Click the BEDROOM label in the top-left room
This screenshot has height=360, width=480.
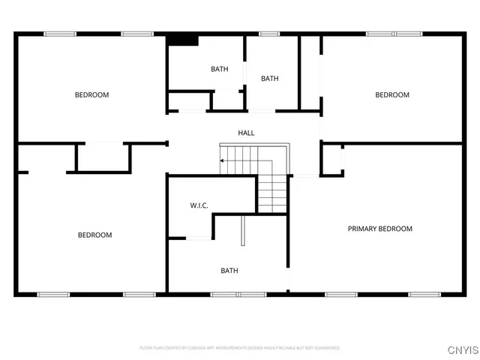click(x=91, y=94)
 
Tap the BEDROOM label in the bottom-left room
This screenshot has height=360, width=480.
click(x=95, y=235)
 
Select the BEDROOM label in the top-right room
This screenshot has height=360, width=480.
click(x=392, y=94)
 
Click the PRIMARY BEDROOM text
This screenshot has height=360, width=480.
click(x=379, y=229)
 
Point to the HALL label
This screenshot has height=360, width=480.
click(x=246, y=133)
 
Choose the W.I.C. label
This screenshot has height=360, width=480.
click(x=198, y=205)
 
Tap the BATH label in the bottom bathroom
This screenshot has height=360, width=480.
click(x=229, y=271)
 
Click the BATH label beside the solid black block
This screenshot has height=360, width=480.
click(x=219, y=69)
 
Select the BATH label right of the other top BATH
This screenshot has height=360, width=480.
click(x=269, y=79)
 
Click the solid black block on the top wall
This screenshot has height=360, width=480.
click(x=181, y=40)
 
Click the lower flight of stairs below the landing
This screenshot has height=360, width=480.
click(x=273, y=194)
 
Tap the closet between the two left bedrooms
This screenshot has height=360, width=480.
click(x=103, y=157)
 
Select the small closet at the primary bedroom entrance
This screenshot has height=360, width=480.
click(x=332, y=159)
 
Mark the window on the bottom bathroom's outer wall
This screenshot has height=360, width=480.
click(x=228, y=294)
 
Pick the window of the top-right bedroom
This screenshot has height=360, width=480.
click(x=394, y=34)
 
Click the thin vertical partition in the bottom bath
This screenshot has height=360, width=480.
click(x=242, y=230)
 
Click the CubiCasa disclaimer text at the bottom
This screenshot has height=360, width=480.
click(x=240, y=348)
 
